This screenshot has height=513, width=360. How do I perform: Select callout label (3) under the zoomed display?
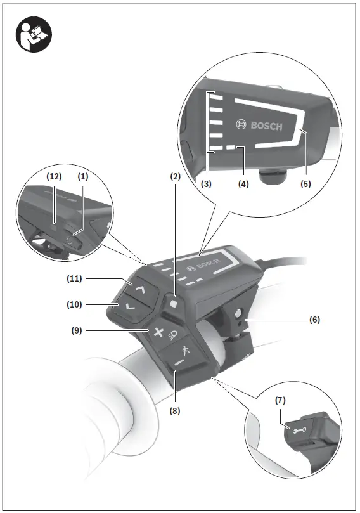pyautogui.click(x=207, y=185)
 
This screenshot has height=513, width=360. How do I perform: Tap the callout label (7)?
pyautogui.click(x=280, y=400)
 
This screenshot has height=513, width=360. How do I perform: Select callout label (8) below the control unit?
pyautogui.click(x=175, y=410)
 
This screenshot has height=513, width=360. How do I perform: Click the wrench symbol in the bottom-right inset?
pyautogui.click(x=297, y=429)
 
